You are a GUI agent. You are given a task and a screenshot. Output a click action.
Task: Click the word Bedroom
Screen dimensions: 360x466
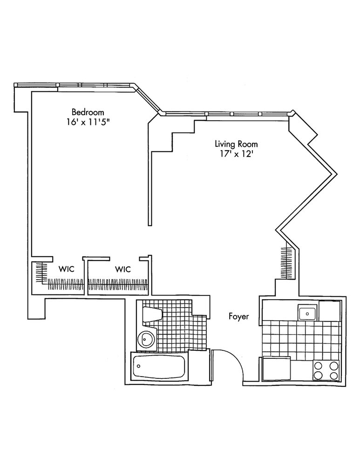tap(88, 112)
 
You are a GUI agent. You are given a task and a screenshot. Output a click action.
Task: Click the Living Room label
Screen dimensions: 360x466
tap(236, 144)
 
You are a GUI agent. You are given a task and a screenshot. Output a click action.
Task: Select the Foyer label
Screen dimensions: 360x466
tap(238, 317)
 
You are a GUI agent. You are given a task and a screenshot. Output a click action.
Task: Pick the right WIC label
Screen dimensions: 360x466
tap(122, 269)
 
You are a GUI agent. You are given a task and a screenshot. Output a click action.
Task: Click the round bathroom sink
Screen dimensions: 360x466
tap(147, 339)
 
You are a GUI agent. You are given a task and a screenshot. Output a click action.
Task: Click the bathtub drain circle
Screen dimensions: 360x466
tap(139, 367)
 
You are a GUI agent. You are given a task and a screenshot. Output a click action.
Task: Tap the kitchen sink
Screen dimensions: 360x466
tap(307, 313)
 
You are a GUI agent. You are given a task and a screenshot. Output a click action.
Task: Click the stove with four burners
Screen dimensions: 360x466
tap(326, 370)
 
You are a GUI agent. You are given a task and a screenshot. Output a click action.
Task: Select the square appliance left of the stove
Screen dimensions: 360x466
tap(277, 370)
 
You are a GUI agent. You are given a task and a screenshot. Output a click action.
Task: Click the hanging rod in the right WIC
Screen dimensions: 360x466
tap(118, 283)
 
